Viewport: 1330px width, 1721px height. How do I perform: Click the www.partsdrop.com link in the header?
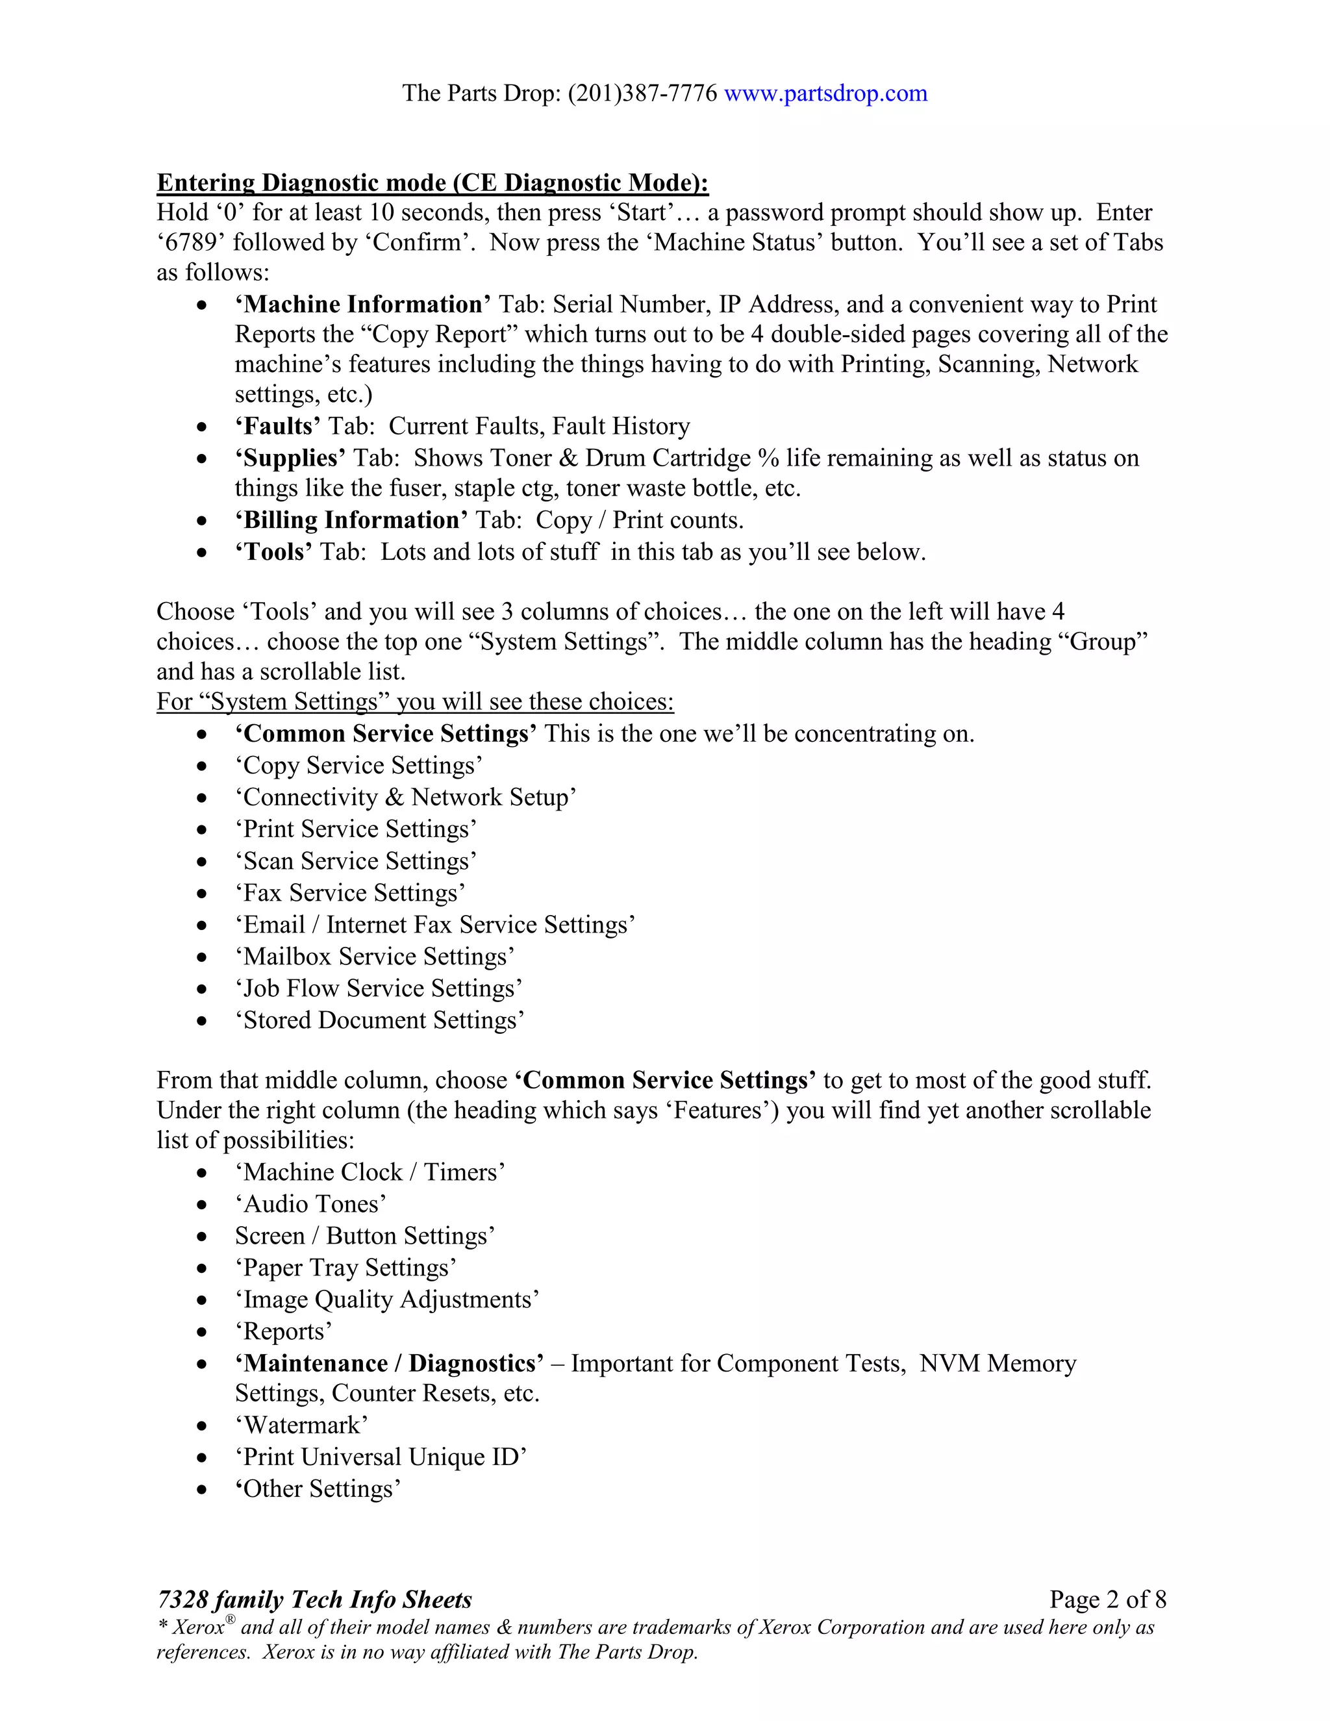pyautogui.click(x=825, y=94)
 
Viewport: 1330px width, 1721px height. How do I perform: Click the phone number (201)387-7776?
pyautogui.click(x=642, y=94)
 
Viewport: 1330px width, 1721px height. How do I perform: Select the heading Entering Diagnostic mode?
pyautogui.click(x=432, y=183)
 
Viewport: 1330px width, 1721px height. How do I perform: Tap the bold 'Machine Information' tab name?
pyautogui.click(x=362, y=304)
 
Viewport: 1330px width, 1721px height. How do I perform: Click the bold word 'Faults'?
pyautogui.click(x=277, y=426)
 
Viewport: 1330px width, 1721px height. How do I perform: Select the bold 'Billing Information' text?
pyautogui.click(x=351, y=520)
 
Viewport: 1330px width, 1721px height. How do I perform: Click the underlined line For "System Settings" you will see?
pyautogui.click(x=414, y=701)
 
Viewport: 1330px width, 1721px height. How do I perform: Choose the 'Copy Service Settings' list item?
pyautogui.click(x=358, y=765)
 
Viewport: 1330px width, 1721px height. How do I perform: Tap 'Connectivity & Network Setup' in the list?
pyautogui.click(x=405, y=798)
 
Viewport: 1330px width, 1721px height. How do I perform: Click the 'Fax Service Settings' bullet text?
pyautogui.click(x=350, y=893)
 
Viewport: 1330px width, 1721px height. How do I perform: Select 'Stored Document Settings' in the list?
pyautogui.click(x=379, y=1020)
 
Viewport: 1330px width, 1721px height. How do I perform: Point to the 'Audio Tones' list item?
pyautogui.click(x=310, y=1204)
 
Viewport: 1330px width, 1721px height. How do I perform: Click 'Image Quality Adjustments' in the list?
pyautogui.click(x=386, y=1300)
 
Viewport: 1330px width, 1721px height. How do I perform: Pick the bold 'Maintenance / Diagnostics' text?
pyautogui.click(x=389, y=1363)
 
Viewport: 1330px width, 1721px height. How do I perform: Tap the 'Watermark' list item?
pyautogui.click(x=301, y=1426)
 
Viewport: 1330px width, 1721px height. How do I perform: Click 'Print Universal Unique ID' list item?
pyautogui.click(x=381, y=1457)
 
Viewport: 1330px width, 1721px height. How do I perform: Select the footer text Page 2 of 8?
pyautogui.click(x=1107, y=1600)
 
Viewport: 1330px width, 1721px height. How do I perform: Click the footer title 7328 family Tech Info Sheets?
pyautogui.click(x=314, y=1600)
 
